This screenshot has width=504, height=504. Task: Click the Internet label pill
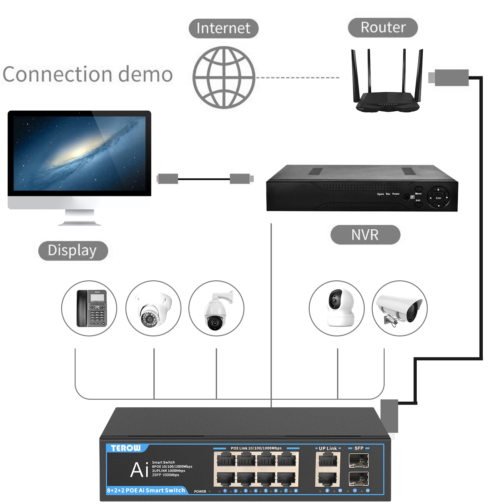click(x=223, y=28)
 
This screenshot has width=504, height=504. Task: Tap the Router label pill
click(x=383, y=27)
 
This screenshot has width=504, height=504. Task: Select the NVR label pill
click(x=365, y=235)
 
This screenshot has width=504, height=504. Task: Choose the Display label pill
click(x=73, y=251)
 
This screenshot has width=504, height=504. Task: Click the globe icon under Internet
click(x=224, y=77)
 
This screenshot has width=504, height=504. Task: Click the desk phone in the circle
click(x=91, y=308)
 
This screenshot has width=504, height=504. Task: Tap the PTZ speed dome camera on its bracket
click(x=216, y=310)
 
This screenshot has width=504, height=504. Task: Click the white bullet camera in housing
click(x=399, y=309)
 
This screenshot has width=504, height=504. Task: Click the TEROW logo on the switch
click(x=126, y=448)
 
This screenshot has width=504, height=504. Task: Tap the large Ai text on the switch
click(x=139, y=470)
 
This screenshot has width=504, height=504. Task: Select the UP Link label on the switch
click(x=328, y=448)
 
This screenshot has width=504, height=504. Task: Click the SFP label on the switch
click(x=359, y=448)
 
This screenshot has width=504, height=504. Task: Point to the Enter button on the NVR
click(x=438, y=198)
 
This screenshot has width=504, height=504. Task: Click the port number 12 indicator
click(x=368, y=490)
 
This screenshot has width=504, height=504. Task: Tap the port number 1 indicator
click(x=225, y=490)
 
